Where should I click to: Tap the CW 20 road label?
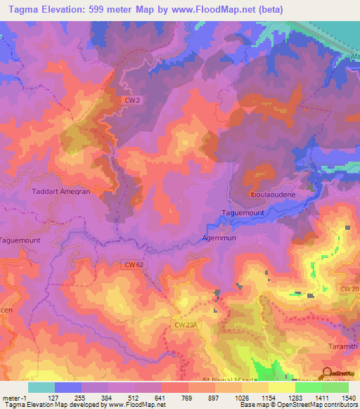[x=349, y=289]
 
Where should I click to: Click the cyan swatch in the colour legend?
[x=41, y=387]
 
